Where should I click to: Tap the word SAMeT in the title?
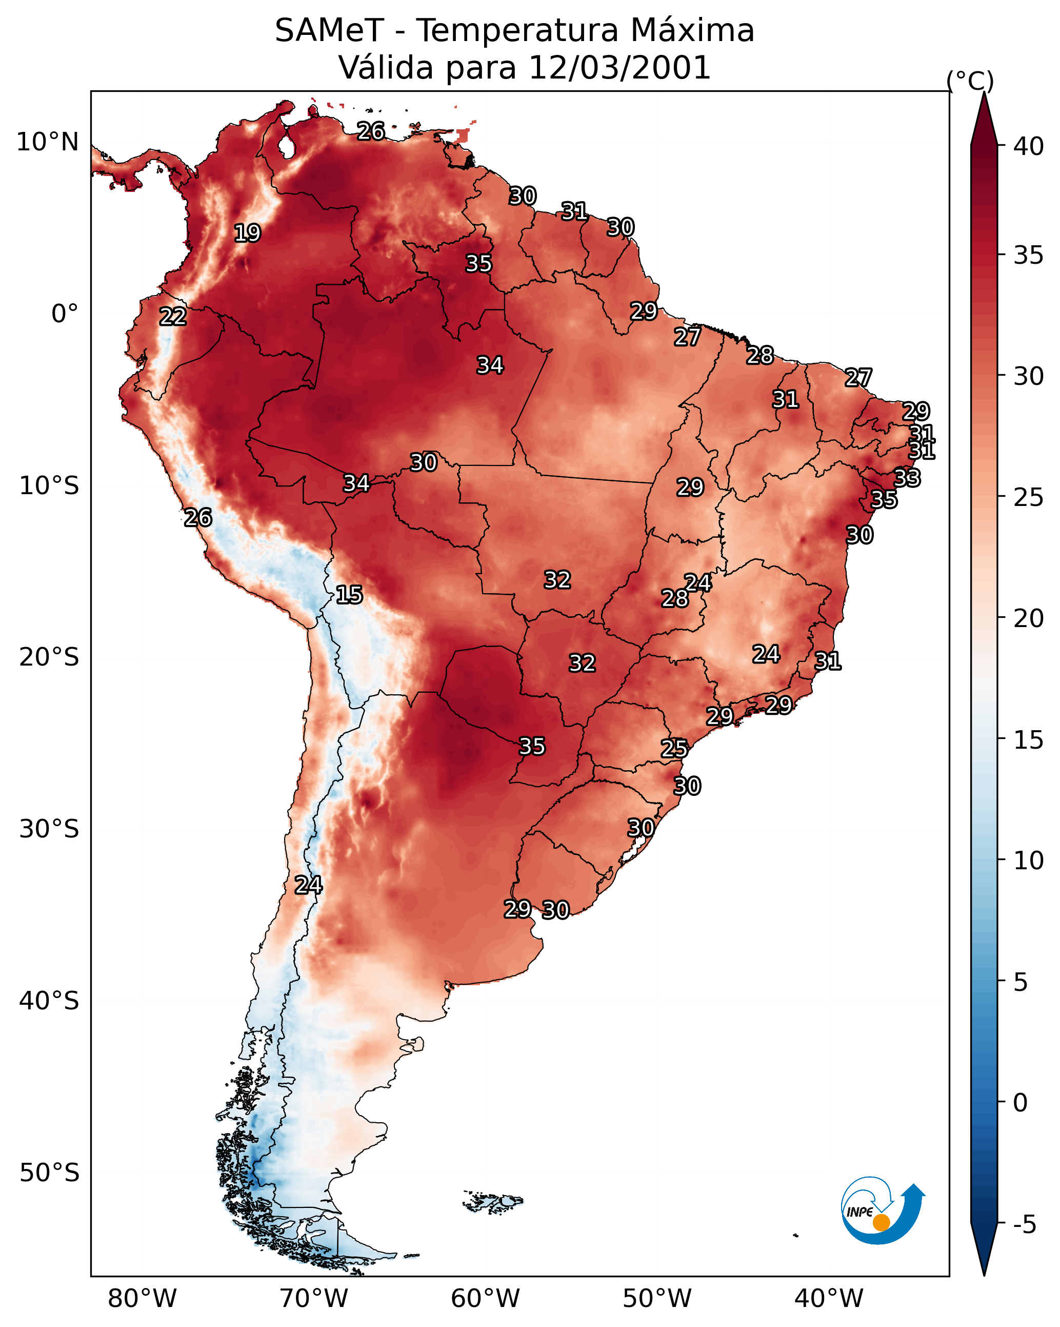click(329, 31)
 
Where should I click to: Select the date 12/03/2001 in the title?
click(619, 68)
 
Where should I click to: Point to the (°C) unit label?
click(970, 81)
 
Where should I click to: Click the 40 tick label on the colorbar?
click(1029, 146)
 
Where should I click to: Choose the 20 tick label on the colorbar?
click(1029, 618)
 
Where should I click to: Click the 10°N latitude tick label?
click(47, 142)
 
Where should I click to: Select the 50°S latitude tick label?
click(49, 1173)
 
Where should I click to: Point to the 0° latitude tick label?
click(65, 314)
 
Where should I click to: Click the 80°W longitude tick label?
click(142, 1299)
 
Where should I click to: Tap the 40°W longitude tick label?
click(829, 1299)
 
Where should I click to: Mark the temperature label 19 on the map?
click(247, 233)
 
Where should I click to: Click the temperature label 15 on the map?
click(349, 595)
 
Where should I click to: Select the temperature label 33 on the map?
click(907, 478)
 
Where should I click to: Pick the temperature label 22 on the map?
click(173, 317)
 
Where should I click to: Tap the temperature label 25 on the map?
click(674, 749)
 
